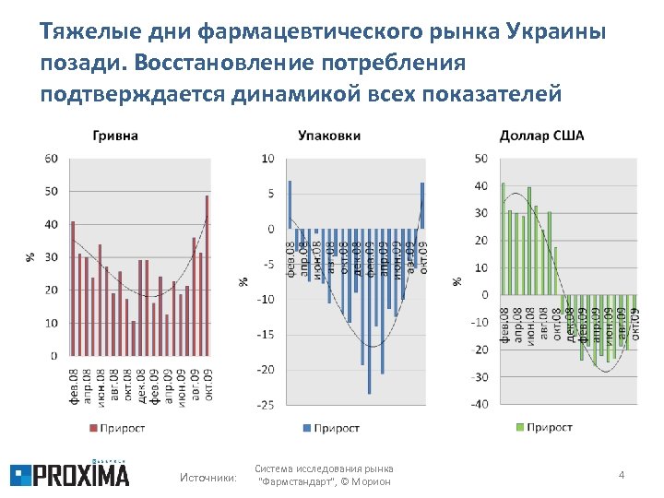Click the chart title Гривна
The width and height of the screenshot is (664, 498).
click(115, 136)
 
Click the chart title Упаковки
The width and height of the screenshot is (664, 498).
click(329, 136)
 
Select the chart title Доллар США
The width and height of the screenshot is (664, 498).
click(541, 136)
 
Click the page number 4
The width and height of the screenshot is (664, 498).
click(622, 475)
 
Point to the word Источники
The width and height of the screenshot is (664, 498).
click(207, 477)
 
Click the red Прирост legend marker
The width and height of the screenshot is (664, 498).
click(92, 428)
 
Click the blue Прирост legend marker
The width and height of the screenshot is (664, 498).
click(306, 428)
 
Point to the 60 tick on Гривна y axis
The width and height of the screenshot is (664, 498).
click(51, 159)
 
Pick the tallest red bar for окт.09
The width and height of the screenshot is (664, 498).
click(207, 275)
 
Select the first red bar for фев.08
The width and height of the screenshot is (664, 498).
click(73, 288)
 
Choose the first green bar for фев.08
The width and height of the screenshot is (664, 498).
click(503, 239)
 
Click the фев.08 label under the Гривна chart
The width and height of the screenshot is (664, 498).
click(74, 385)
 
